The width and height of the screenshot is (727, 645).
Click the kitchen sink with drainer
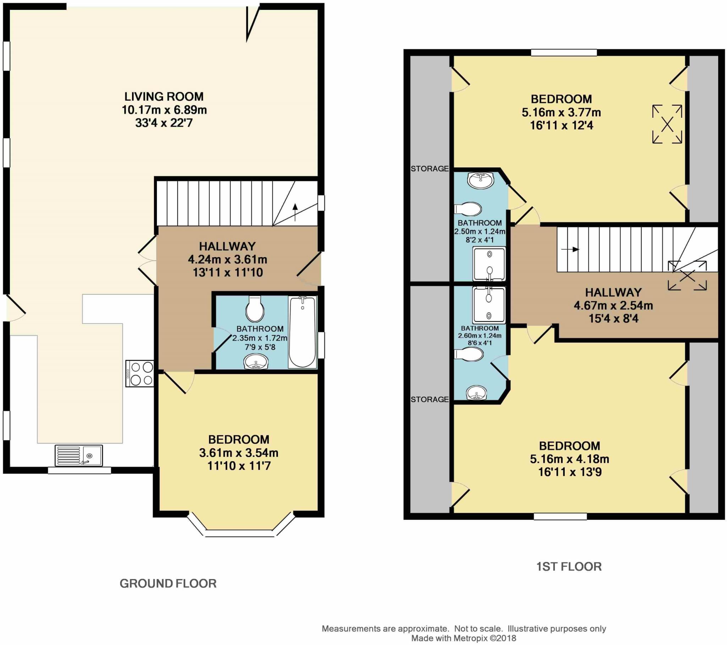pyautogui.click(x=79, y=455)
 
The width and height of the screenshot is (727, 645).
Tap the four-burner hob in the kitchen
pyautogui.click(x=140, y=373)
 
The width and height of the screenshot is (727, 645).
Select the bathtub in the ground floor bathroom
pyautogui.click(x=302, y=332)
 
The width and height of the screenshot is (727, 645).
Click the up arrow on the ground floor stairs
pyautogui.click(x=295, y=212)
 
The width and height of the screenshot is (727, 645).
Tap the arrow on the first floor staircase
pyautogui.click(x=570, y=250)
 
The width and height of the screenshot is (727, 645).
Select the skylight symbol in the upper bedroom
pyautogui.click(x=667, y=124)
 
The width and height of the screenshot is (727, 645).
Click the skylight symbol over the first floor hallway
pyautogui.click(x=687, y=276)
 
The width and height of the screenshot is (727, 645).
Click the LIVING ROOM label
pyautogui.click(x=164, y=96)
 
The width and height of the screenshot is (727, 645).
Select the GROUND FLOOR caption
pyautogui.click(x=168, y=584)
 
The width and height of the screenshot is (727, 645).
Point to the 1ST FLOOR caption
pyautogui.click(x=569, y=567)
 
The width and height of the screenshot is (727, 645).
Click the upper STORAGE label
pyautogui.click(x=430, y=168)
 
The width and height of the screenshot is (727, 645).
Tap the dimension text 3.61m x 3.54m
pyautogui.click(x=239, y=453)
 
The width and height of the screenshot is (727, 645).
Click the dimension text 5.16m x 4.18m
pyautogui.click(x=569, y=459)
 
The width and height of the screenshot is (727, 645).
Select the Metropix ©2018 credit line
pyautogui.click(x=464, y=638)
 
